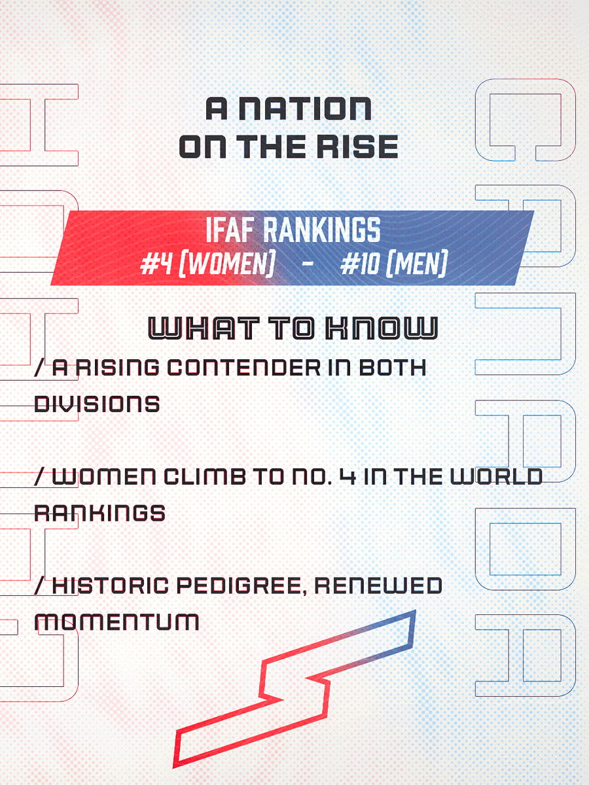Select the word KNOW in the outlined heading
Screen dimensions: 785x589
(x=380, y=328)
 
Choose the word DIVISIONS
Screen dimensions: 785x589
(x=97, y=404)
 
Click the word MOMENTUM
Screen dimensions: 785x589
(x=116, y=621)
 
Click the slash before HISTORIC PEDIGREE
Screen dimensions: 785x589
(x=40, y=585)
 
